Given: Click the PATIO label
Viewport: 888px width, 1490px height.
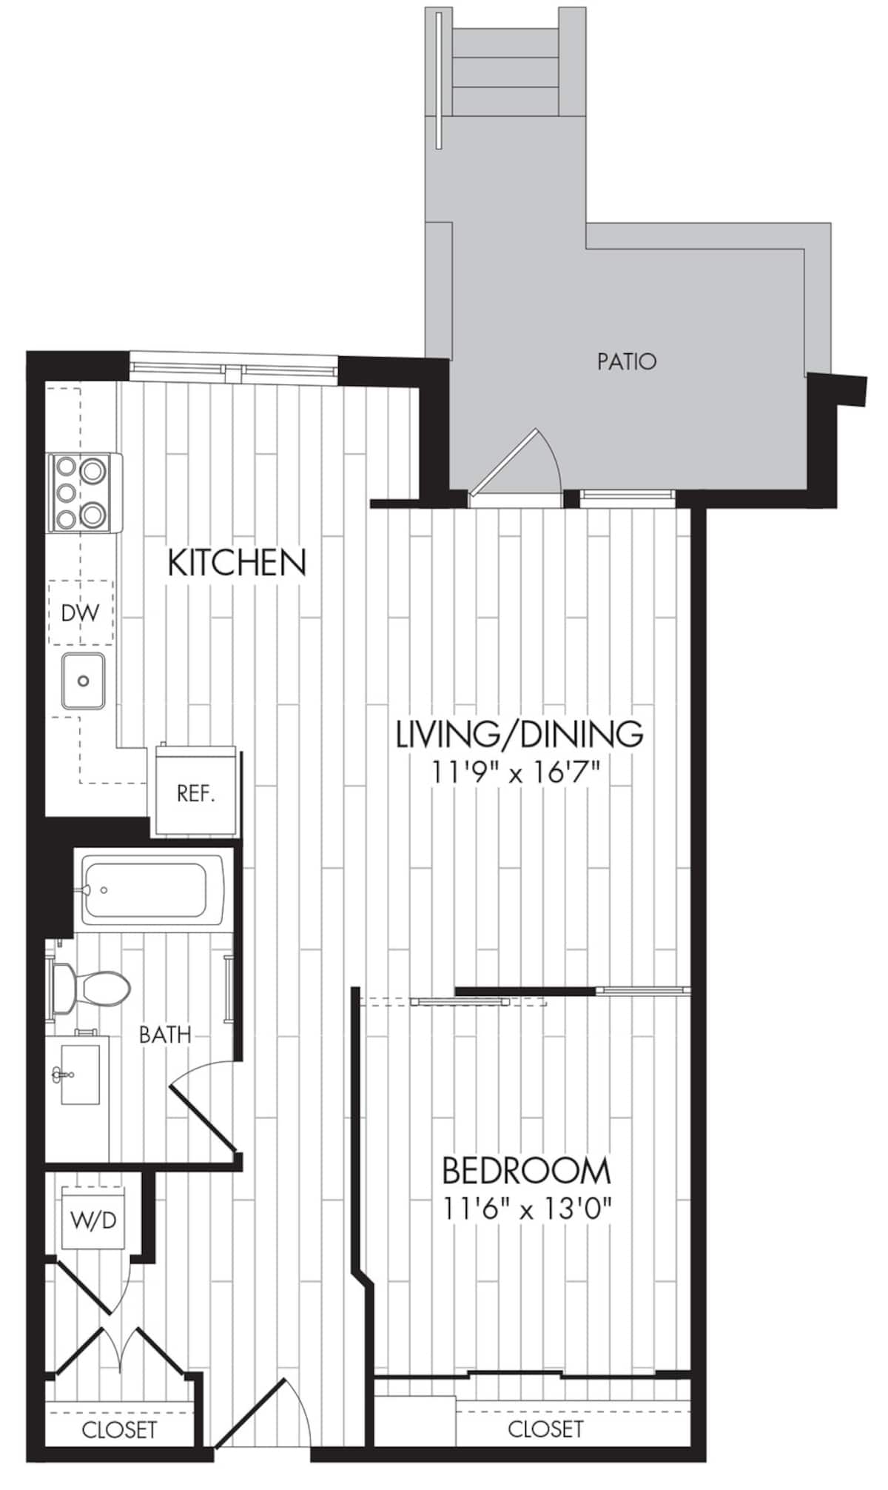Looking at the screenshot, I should pos(626,361).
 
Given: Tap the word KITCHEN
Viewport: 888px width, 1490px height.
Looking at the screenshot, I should pos(237,563).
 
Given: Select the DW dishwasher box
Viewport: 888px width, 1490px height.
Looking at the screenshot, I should pos(80,612).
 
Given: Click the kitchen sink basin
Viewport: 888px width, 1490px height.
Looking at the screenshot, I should pos(83,681).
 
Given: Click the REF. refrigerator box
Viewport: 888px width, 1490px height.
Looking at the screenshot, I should pos(195,794).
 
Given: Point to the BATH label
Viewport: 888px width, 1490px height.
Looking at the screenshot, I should pos(165,1035).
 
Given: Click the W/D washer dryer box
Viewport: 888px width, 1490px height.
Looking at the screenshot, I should pos(93,1218).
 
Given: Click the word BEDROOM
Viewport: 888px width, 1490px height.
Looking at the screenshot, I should pos(526,1171).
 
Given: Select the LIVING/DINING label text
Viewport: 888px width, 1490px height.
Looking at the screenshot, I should pos(519,733).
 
